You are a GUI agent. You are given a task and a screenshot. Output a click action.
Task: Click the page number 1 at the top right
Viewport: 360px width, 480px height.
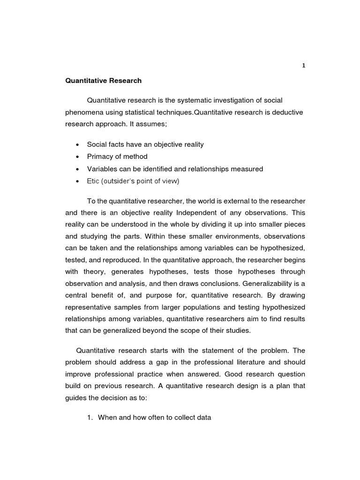(x=303, y=66)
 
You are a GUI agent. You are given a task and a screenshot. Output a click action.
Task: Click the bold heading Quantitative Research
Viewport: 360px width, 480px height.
(x=103, y=81)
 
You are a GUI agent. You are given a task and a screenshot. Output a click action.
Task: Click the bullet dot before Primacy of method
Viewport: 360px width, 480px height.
(x=77, y=157)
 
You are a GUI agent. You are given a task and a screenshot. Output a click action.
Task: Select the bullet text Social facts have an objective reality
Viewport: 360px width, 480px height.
(x=145, y=144)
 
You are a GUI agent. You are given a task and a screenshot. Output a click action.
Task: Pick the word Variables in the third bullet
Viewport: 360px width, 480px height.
(x=102, y=169)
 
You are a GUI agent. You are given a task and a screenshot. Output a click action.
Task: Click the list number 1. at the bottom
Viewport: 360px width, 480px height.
(x=90, y=418)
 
